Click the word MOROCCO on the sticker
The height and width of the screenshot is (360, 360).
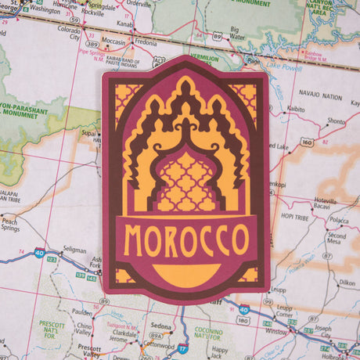[185, 240]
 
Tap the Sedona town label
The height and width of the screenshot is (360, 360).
[161, 326]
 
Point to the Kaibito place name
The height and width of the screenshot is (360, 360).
[296, 109]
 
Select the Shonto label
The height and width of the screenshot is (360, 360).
[335, 121]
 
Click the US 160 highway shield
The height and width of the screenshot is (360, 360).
[306, 142]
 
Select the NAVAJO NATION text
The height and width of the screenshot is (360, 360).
[321, 96]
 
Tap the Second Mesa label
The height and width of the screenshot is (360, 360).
[337, 239]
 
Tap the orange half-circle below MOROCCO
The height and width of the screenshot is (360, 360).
[185, 274]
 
